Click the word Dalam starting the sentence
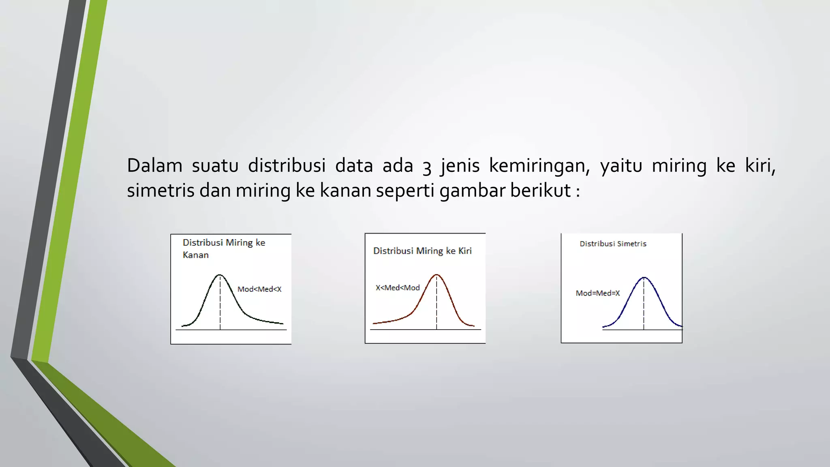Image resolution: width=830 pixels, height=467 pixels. (x=154, y=166)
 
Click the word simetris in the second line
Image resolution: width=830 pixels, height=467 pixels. (x=160, y=191)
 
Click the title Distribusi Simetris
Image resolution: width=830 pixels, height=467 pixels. (x=613, y=244)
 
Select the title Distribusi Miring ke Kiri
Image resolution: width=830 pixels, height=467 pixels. (x=422, y=251)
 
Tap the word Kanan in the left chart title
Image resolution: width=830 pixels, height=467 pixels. (x=195, y=255)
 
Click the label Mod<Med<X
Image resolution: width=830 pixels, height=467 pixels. (x=259, y=289)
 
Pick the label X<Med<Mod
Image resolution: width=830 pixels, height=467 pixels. (x=398, y=288)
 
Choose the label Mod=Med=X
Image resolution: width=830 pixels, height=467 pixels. (x=598, y=293)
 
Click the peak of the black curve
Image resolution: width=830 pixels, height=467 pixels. (x=220, y=276)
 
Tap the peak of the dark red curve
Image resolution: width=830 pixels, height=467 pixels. (x=437, y=275)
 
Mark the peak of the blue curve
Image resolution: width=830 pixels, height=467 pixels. (x=644, y=278)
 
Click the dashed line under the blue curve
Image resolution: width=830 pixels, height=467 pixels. (x=644, y=308)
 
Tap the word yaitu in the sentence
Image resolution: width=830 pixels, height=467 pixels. (x=621, y=166)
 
